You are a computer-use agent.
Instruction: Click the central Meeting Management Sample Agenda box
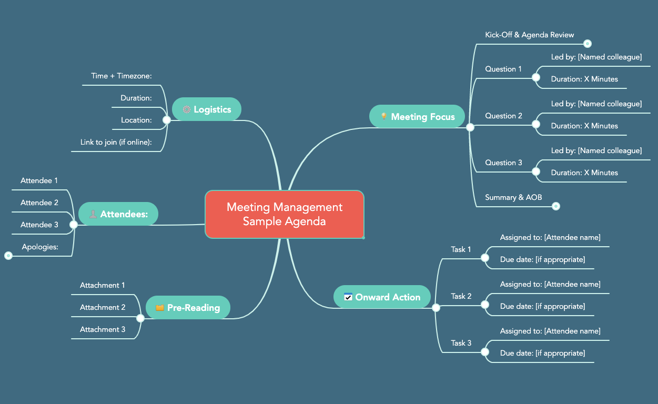click(x=284, y=214)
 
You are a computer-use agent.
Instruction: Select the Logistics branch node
click(x=206, y=109)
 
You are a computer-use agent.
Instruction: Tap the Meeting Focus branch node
click(x=417, y=117)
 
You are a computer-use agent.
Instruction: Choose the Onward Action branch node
click(x=382, y=297)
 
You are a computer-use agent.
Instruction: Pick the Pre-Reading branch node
click(x=188, y=308)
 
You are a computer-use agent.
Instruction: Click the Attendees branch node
click(x=118, y=214)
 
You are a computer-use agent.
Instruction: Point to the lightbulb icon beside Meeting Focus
click(x=384, y=117)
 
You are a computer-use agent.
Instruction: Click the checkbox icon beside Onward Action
click(x=348, y=297)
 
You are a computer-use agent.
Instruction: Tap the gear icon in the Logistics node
click(x=186, y=109)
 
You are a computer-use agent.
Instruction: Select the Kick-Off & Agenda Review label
click(x=529, y=35)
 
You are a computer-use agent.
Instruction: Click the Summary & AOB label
click(x=513, y=197)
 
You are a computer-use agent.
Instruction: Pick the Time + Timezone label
click(x=122, y=76)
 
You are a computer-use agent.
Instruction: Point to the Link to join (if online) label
click(x=116, y=142)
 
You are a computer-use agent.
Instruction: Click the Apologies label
click(x=40, y=247)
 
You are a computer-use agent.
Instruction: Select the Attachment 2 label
click(x=103, y=307)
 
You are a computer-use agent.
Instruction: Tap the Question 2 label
click(x=503, y=116)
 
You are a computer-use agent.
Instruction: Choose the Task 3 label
click(x=461, y=343)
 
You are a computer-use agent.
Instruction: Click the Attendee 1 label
click(x=39, y=180)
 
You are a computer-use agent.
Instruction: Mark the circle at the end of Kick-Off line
click(x=588, y=44)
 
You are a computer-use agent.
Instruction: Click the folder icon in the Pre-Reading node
click(x=160, y=308)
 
